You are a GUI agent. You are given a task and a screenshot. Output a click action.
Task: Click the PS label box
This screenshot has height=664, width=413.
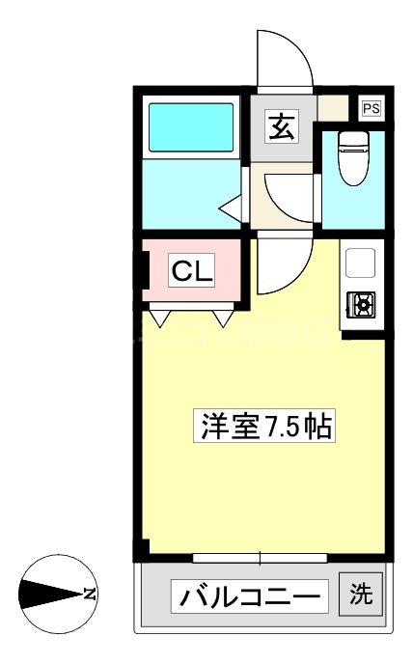372,108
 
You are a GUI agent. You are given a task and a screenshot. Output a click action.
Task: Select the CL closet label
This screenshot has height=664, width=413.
192,271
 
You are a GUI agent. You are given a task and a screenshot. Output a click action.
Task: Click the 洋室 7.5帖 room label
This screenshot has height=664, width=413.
266,426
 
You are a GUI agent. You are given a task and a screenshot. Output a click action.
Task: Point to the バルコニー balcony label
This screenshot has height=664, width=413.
246,595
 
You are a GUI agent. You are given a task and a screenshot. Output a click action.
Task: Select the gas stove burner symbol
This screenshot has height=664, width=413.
364,306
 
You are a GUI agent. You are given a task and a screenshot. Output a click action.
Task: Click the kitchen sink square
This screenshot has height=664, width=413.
361,263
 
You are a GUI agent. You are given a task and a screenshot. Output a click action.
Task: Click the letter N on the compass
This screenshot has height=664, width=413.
90,593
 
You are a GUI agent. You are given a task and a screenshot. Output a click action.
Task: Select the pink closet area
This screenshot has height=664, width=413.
193,271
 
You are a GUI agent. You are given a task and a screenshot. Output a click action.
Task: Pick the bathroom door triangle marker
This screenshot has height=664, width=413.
230,207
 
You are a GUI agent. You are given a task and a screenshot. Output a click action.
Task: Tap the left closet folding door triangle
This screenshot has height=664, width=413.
161,315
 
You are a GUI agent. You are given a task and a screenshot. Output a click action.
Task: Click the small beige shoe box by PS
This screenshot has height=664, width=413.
333,107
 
